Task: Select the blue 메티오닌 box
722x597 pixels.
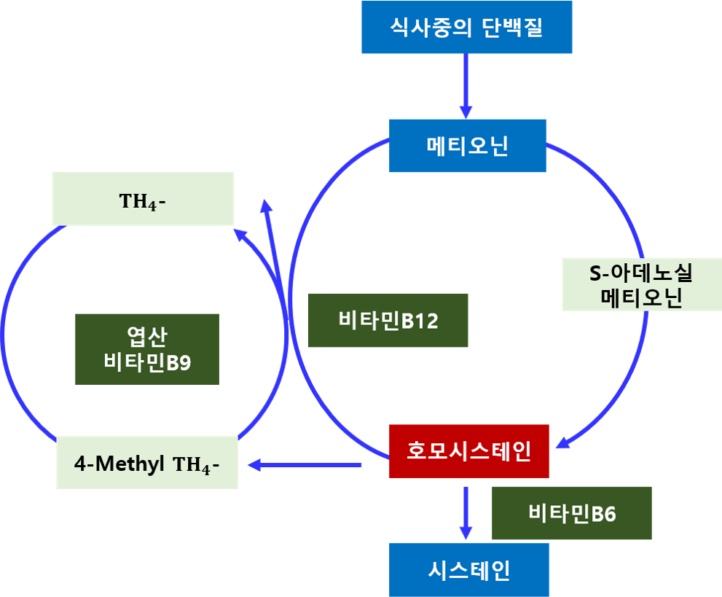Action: [467, 146]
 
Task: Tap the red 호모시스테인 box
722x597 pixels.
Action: [468, 450]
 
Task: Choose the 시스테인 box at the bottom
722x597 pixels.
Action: [468, 569]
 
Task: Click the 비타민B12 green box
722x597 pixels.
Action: [388, 321]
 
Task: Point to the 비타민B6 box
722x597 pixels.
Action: [571, 514]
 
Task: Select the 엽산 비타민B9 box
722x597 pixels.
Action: [147, 349]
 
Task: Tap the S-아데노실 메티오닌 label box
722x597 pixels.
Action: [641, 285]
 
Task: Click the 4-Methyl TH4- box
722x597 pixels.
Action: [147, 463]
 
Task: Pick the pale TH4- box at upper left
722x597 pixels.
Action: [143, 199]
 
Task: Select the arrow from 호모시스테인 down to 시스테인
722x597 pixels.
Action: [466, 514]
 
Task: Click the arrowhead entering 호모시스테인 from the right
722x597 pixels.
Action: [565, 442]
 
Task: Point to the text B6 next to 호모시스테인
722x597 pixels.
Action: [603, 514]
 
